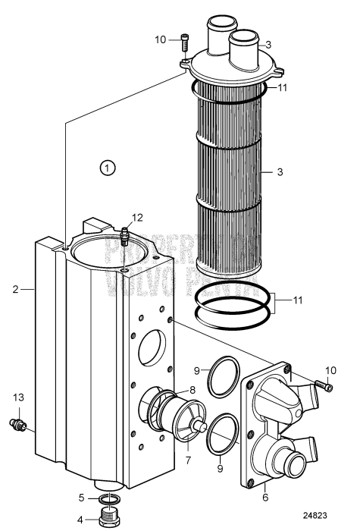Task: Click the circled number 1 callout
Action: [108, 166]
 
